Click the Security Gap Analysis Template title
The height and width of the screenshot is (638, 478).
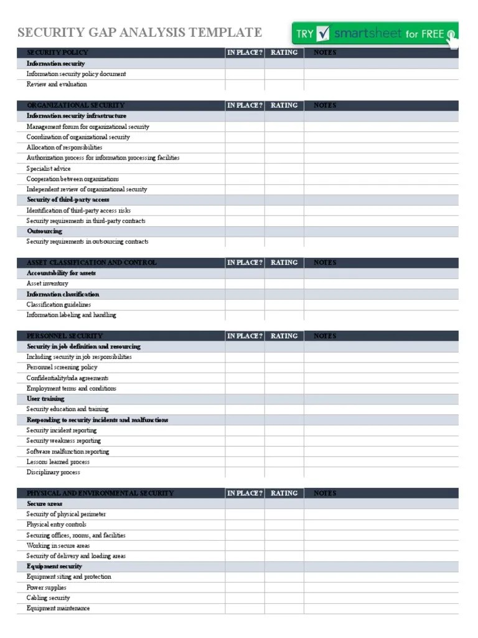(x=139, y=32)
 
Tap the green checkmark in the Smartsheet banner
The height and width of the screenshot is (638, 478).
(x=322, y=33)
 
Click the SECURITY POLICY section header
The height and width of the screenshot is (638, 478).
(x=57, y=53)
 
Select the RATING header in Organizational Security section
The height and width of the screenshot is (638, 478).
(x=284, y=105)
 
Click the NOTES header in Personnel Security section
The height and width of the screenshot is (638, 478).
(x=324, y=336)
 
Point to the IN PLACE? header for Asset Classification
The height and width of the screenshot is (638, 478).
(x=245, y=263)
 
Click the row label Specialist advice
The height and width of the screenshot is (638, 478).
(x=49, y=168)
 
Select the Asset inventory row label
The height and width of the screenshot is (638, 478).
(x=47, y=283)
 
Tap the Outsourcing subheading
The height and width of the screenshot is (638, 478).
(x=44, y=231)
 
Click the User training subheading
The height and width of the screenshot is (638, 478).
(x=45, y=399)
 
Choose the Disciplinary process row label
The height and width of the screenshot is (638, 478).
(x=53, y=472)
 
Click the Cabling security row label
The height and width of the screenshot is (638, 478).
(x=48, y=598)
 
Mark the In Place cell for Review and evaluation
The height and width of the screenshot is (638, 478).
(x=245, y=85)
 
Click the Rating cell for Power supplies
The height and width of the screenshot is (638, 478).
(x=284, y=588)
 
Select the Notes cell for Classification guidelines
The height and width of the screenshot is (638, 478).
(x=381, y=305)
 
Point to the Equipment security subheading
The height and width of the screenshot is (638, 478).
(x=54, y=566)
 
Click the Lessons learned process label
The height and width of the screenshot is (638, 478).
(x=58, y=462)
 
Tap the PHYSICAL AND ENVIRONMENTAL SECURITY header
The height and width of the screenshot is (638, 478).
(x=100, y=493)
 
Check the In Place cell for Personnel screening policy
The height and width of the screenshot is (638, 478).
(x=245, y=368)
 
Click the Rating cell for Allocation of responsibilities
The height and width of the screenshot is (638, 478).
(x=284, y=148)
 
